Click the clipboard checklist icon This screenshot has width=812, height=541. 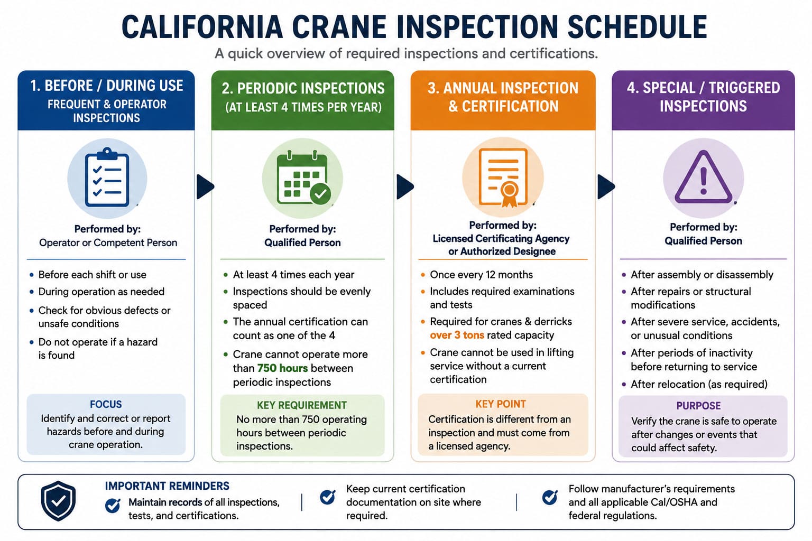tap(107, 177)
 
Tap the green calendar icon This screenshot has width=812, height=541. tap(303, 178)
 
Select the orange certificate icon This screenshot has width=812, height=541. tap(503, 178)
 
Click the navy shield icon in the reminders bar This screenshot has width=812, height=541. tap(58, 501)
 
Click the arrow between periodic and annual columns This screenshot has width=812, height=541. tap(405, 186)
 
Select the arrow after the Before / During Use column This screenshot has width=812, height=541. tap(205, 186)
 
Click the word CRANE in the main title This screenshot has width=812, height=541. tap(339, 27)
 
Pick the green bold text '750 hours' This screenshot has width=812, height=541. tap(282, 368)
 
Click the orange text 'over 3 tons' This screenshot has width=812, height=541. tap(457, 335)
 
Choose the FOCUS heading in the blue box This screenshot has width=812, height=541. tap(106, 404)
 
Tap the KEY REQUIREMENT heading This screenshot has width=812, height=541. tap(302, 405)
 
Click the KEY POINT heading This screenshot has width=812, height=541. tap(501, 404)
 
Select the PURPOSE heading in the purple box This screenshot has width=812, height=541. tap(698, 406)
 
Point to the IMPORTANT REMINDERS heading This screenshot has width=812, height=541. tap(167, 486)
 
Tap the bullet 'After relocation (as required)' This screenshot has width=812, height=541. tap(695, 384)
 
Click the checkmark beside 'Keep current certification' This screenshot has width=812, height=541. tap(328, 497)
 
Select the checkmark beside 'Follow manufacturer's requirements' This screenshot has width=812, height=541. tap(550, 497)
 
